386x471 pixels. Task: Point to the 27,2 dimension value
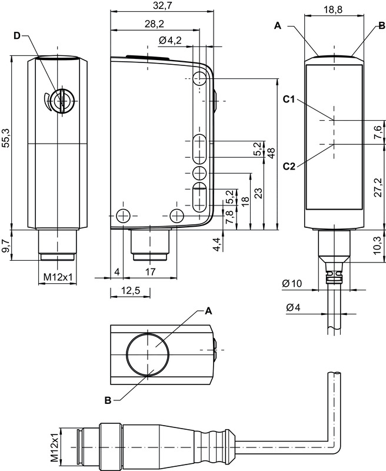point(378,187)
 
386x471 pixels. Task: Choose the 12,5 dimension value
point(129,291)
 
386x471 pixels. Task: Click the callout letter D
point(17,37)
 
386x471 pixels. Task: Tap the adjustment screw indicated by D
point(59,101)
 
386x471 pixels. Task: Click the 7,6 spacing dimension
point(378,133)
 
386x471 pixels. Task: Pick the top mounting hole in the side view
point(200,78)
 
